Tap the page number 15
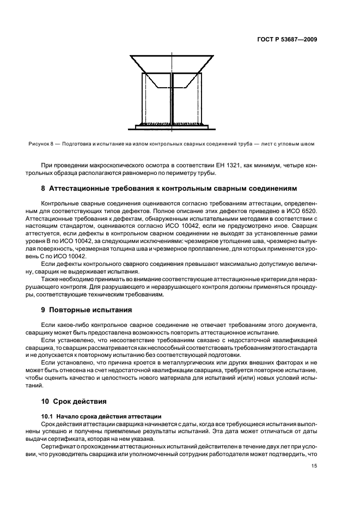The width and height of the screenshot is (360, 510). (x=314, y=465)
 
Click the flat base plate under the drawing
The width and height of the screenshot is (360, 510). (x=172, y=128)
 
